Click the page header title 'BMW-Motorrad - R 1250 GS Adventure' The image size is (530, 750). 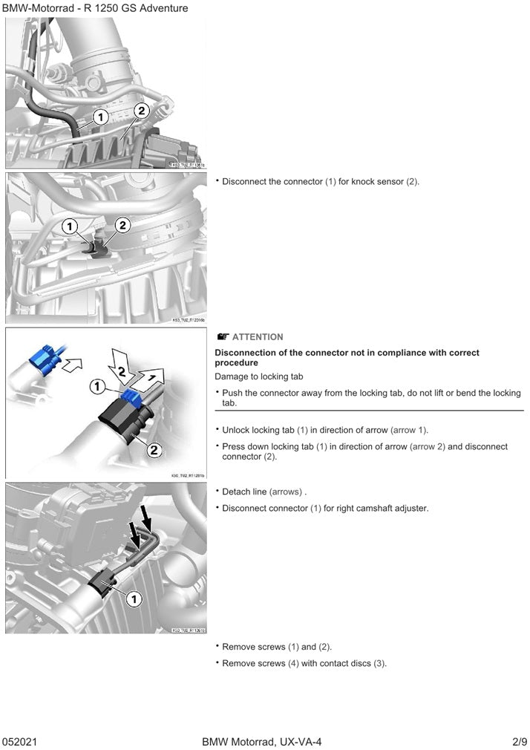click(x=95, y=8)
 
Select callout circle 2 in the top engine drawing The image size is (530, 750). click(x=142, y=110)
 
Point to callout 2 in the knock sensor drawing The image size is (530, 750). click(x=122, y=225)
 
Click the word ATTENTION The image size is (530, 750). click(x=258, y=337)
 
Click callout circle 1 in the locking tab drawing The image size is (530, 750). click(x=97, y=386)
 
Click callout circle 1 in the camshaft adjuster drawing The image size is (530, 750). click(x=134, y=598)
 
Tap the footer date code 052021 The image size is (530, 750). click(x=20, y=742)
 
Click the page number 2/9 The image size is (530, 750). click(x=519, y=742)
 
